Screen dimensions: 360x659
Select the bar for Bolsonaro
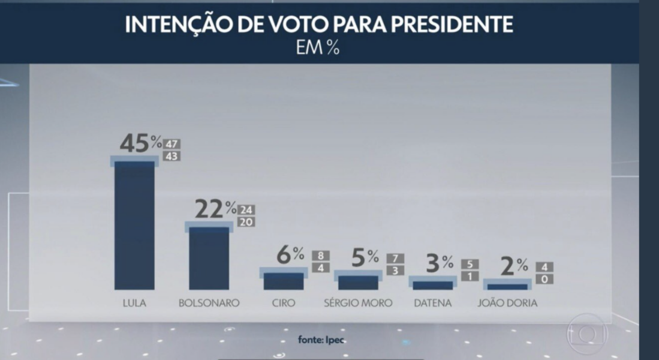pos(209,258)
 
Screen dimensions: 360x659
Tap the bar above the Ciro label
pos(284,281)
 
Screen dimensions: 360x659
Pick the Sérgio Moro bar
pos(359,282)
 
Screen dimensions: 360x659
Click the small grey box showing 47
pos(172,144)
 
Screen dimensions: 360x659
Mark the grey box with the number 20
pos(246,222)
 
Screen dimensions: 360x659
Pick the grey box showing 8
pos(321,256)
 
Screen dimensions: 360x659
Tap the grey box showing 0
pos(544,279)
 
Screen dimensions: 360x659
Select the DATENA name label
pos(432,303)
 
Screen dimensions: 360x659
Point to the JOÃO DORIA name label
pos(507,303)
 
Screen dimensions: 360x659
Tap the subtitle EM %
pos(318,48)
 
